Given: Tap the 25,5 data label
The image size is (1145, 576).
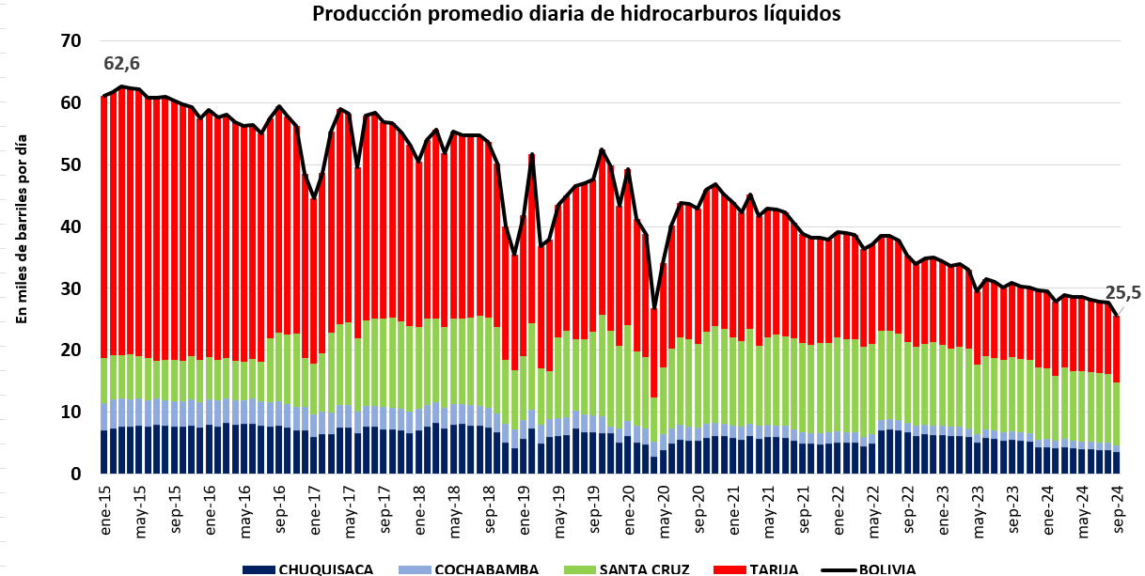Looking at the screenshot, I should [1122, 293].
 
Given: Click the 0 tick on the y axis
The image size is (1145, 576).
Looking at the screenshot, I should [75, 475].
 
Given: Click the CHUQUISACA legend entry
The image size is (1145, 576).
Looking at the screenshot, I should [307, 569].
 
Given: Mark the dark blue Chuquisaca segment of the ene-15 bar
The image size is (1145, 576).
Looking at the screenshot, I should [104, 452].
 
